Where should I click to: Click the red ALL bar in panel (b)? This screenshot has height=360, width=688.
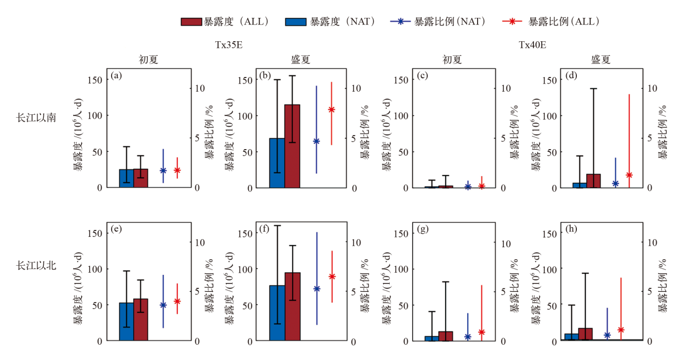pos(292,146)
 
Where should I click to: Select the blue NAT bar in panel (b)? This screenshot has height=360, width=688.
pos(277,163)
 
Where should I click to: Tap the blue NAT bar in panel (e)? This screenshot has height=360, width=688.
pos(126,322)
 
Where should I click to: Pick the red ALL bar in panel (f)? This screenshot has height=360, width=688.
pos(292,306)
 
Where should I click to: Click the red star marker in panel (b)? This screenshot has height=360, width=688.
pos(332,110)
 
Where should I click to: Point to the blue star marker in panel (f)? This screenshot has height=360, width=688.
pos(317,288)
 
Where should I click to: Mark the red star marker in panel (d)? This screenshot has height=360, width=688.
pos(629,175)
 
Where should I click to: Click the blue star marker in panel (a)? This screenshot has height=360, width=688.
pos(163,170)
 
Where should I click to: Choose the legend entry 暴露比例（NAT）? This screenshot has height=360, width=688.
pos(438,22)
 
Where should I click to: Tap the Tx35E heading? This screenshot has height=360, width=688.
pos(228,46)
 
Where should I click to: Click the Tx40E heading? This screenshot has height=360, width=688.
pos(532,46)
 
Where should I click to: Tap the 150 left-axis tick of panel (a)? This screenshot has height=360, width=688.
pos(94,80)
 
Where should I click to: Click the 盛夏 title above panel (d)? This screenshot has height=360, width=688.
pos(601,60)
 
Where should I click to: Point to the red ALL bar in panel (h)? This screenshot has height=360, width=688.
pos(586,334)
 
